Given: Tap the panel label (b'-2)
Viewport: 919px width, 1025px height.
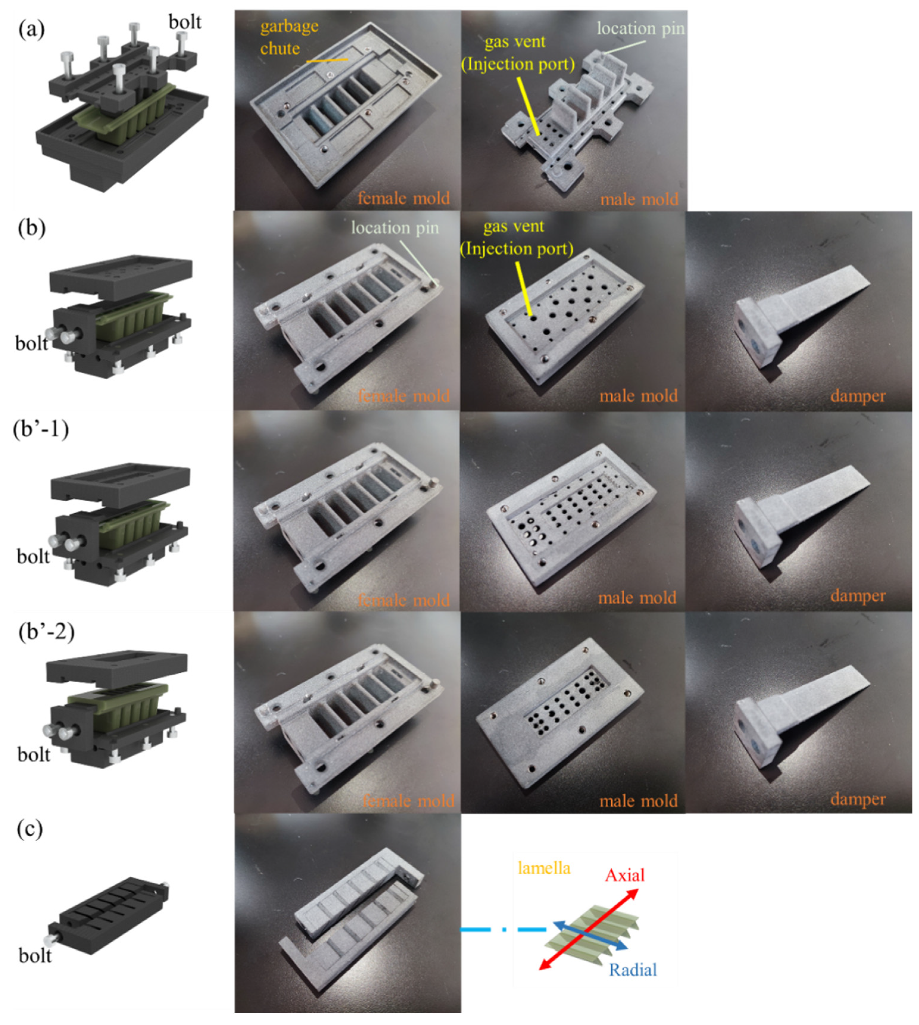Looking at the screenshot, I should tap(46, 631).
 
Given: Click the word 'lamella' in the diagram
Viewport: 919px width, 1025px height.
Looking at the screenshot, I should tap(544, 868).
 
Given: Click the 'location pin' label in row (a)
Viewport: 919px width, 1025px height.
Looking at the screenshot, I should tap(640, 29).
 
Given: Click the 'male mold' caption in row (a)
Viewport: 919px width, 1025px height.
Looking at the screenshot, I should tap(639, 199).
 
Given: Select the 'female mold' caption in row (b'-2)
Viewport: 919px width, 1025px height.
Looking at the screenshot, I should tap(408, 801).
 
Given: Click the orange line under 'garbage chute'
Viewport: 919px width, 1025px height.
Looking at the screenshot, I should tap(327, 60).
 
